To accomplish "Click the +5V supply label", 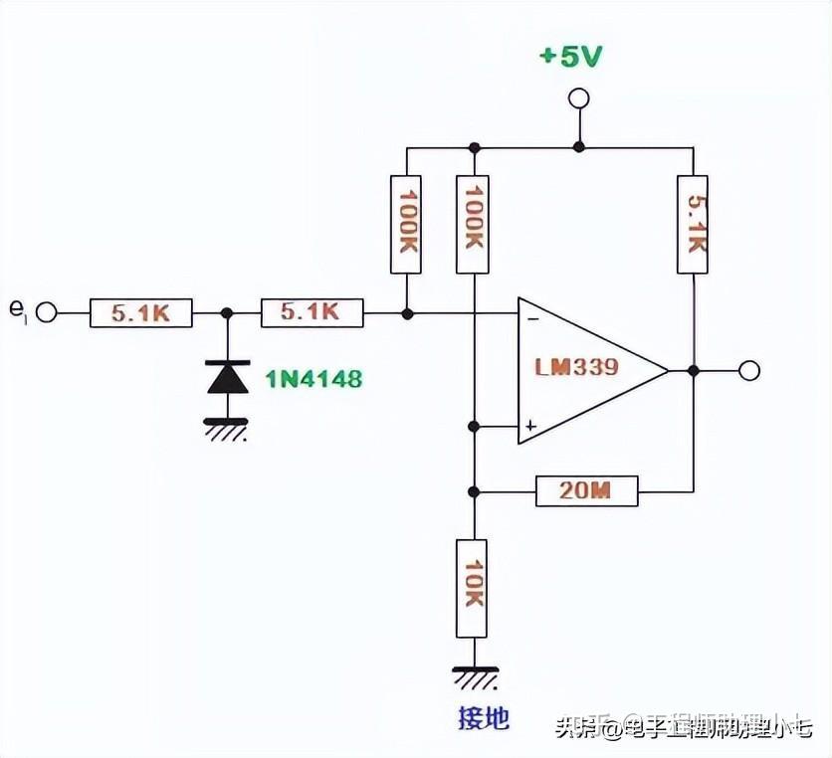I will coord(570,57).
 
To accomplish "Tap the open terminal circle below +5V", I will coord(577,98).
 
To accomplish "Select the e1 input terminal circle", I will coord(46,313).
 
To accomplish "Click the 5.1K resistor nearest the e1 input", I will coord(140,313).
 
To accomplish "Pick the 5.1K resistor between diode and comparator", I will coord(312,313).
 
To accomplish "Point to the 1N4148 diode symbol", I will coord(227,377).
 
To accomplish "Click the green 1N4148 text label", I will coord(312,378).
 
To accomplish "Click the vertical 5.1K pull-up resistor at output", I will coord(693,224).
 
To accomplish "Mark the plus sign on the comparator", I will coord(531,426).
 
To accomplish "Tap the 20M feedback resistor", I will coord(586,491).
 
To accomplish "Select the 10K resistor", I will coord(473,588).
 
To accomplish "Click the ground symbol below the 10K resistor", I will coord(474,678).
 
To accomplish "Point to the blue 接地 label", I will coord(483,718).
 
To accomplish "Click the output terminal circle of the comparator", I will coord(749,371).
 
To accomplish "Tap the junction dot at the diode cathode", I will coord(227,313).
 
